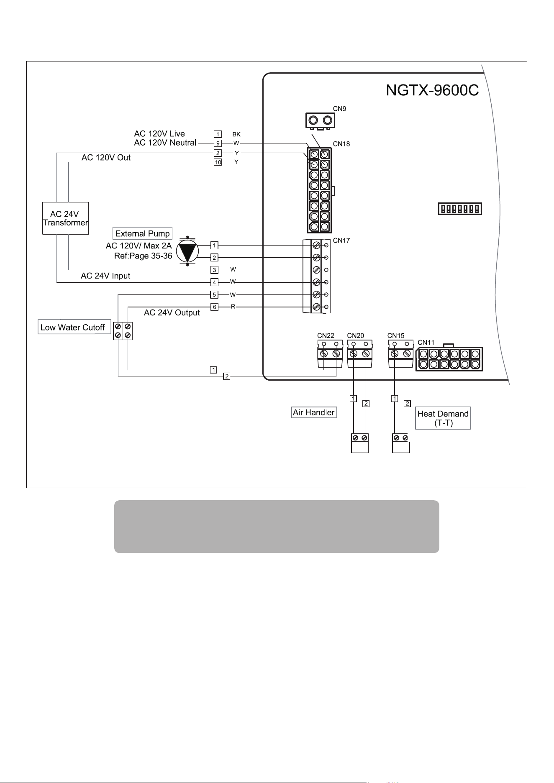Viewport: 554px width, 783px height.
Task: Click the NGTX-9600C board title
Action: [432, 90]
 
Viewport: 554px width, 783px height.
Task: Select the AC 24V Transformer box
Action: [65, 218]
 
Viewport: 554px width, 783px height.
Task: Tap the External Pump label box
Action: [142, 233]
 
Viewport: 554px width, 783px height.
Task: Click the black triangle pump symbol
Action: [187, 251]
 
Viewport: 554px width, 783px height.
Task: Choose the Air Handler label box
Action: [314, 413]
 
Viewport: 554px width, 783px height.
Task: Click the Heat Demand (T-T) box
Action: [443, 418]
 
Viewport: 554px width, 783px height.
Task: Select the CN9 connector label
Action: [339, 109]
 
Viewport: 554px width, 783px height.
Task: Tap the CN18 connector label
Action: [341, 144]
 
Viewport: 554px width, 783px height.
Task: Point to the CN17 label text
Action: [341, 241]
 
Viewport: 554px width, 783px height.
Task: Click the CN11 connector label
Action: [426, 343]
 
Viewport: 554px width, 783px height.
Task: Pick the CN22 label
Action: [326, 335]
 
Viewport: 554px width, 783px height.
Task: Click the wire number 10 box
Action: [218, 162]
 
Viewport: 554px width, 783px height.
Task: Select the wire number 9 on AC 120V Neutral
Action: [218, 143]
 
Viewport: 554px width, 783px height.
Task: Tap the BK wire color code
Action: [236, 134]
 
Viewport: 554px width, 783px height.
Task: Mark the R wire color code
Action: [233, 307]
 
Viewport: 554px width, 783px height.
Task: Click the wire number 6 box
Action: [214, 307]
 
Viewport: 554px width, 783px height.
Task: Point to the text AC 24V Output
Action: [172, 313]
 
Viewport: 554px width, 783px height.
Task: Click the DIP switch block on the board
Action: [460, 208]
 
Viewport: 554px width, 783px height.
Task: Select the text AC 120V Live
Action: [159, 134]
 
